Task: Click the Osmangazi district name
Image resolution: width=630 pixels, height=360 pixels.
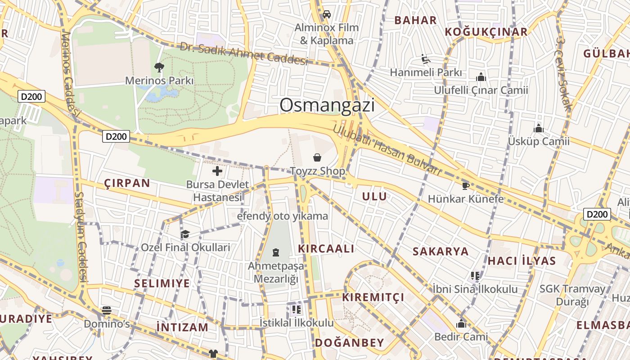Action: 327,105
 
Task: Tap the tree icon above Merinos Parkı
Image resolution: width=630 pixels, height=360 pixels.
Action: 159,67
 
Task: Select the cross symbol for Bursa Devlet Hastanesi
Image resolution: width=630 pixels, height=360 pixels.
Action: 217,171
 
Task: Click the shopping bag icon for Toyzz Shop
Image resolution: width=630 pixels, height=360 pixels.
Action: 317,157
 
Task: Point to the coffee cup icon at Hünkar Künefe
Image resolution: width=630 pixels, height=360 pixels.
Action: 466,185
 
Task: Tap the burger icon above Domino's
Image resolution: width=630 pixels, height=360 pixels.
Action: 107,310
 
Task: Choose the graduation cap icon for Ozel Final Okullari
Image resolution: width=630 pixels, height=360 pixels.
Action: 185,234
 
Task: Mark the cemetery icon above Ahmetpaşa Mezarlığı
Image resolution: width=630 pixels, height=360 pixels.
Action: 276,252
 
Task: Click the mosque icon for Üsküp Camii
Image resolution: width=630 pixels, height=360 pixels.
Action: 539,128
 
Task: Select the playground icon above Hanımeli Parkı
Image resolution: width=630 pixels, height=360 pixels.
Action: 426,59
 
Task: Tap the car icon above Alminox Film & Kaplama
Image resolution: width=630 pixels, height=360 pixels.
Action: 327,14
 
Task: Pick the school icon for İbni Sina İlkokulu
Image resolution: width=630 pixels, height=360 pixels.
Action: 475,275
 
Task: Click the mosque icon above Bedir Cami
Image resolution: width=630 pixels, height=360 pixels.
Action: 461,324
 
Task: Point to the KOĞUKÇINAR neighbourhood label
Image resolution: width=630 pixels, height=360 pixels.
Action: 486,32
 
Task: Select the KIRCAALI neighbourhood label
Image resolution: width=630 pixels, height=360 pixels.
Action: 326,249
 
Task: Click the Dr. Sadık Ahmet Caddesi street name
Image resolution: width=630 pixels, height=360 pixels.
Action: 243,54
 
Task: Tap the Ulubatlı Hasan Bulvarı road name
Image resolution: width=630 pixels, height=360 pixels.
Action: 386,149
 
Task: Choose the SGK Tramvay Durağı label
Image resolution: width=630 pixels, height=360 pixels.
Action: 572,295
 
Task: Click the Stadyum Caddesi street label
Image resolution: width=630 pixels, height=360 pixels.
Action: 81,237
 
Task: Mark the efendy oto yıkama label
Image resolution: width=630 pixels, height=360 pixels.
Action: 283,216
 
